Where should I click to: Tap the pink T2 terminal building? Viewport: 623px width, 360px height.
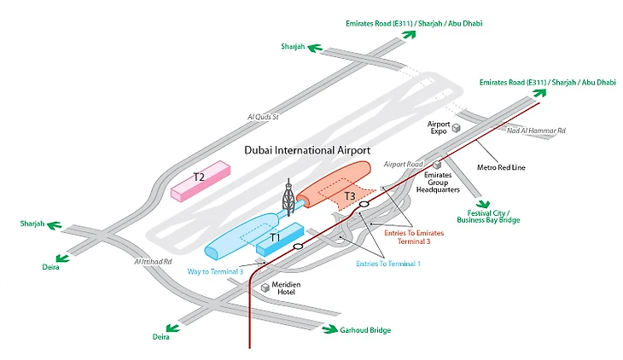(x=201, y=182)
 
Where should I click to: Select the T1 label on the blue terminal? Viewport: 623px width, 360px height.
(x=275, y=237)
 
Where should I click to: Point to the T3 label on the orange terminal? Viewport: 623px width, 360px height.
(x=350, y=197)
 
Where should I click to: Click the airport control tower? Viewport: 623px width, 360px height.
(x=288, y=198)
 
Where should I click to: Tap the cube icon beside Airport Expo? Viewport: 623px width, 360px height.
(x=456, y=128)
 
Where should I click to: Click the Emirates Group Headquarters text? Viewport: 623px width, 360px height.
(x=447, y=183)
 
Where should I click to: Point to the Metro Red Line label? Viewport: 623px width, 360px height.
(x=501, y=167)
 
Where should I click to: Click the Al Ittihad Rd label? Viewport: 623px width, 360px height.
(x=153, y=262)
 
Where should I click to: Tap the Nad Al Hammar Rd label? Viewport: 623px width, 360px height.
(x=537, y=131)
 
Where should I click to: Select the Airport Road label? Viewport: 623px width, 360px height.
(x=404, y=163)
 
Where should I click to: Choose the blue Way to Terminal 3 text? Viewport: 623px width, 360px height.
(x=215, y=271)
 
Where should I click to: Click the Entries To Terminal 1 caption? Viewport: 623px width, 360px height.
(x=388, y=264)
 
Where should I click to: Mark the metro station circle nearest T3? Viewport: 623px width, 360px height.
(x=364, y=205)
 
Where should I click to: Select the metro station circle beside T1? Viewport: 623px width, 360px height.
(x=298, y=247)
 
